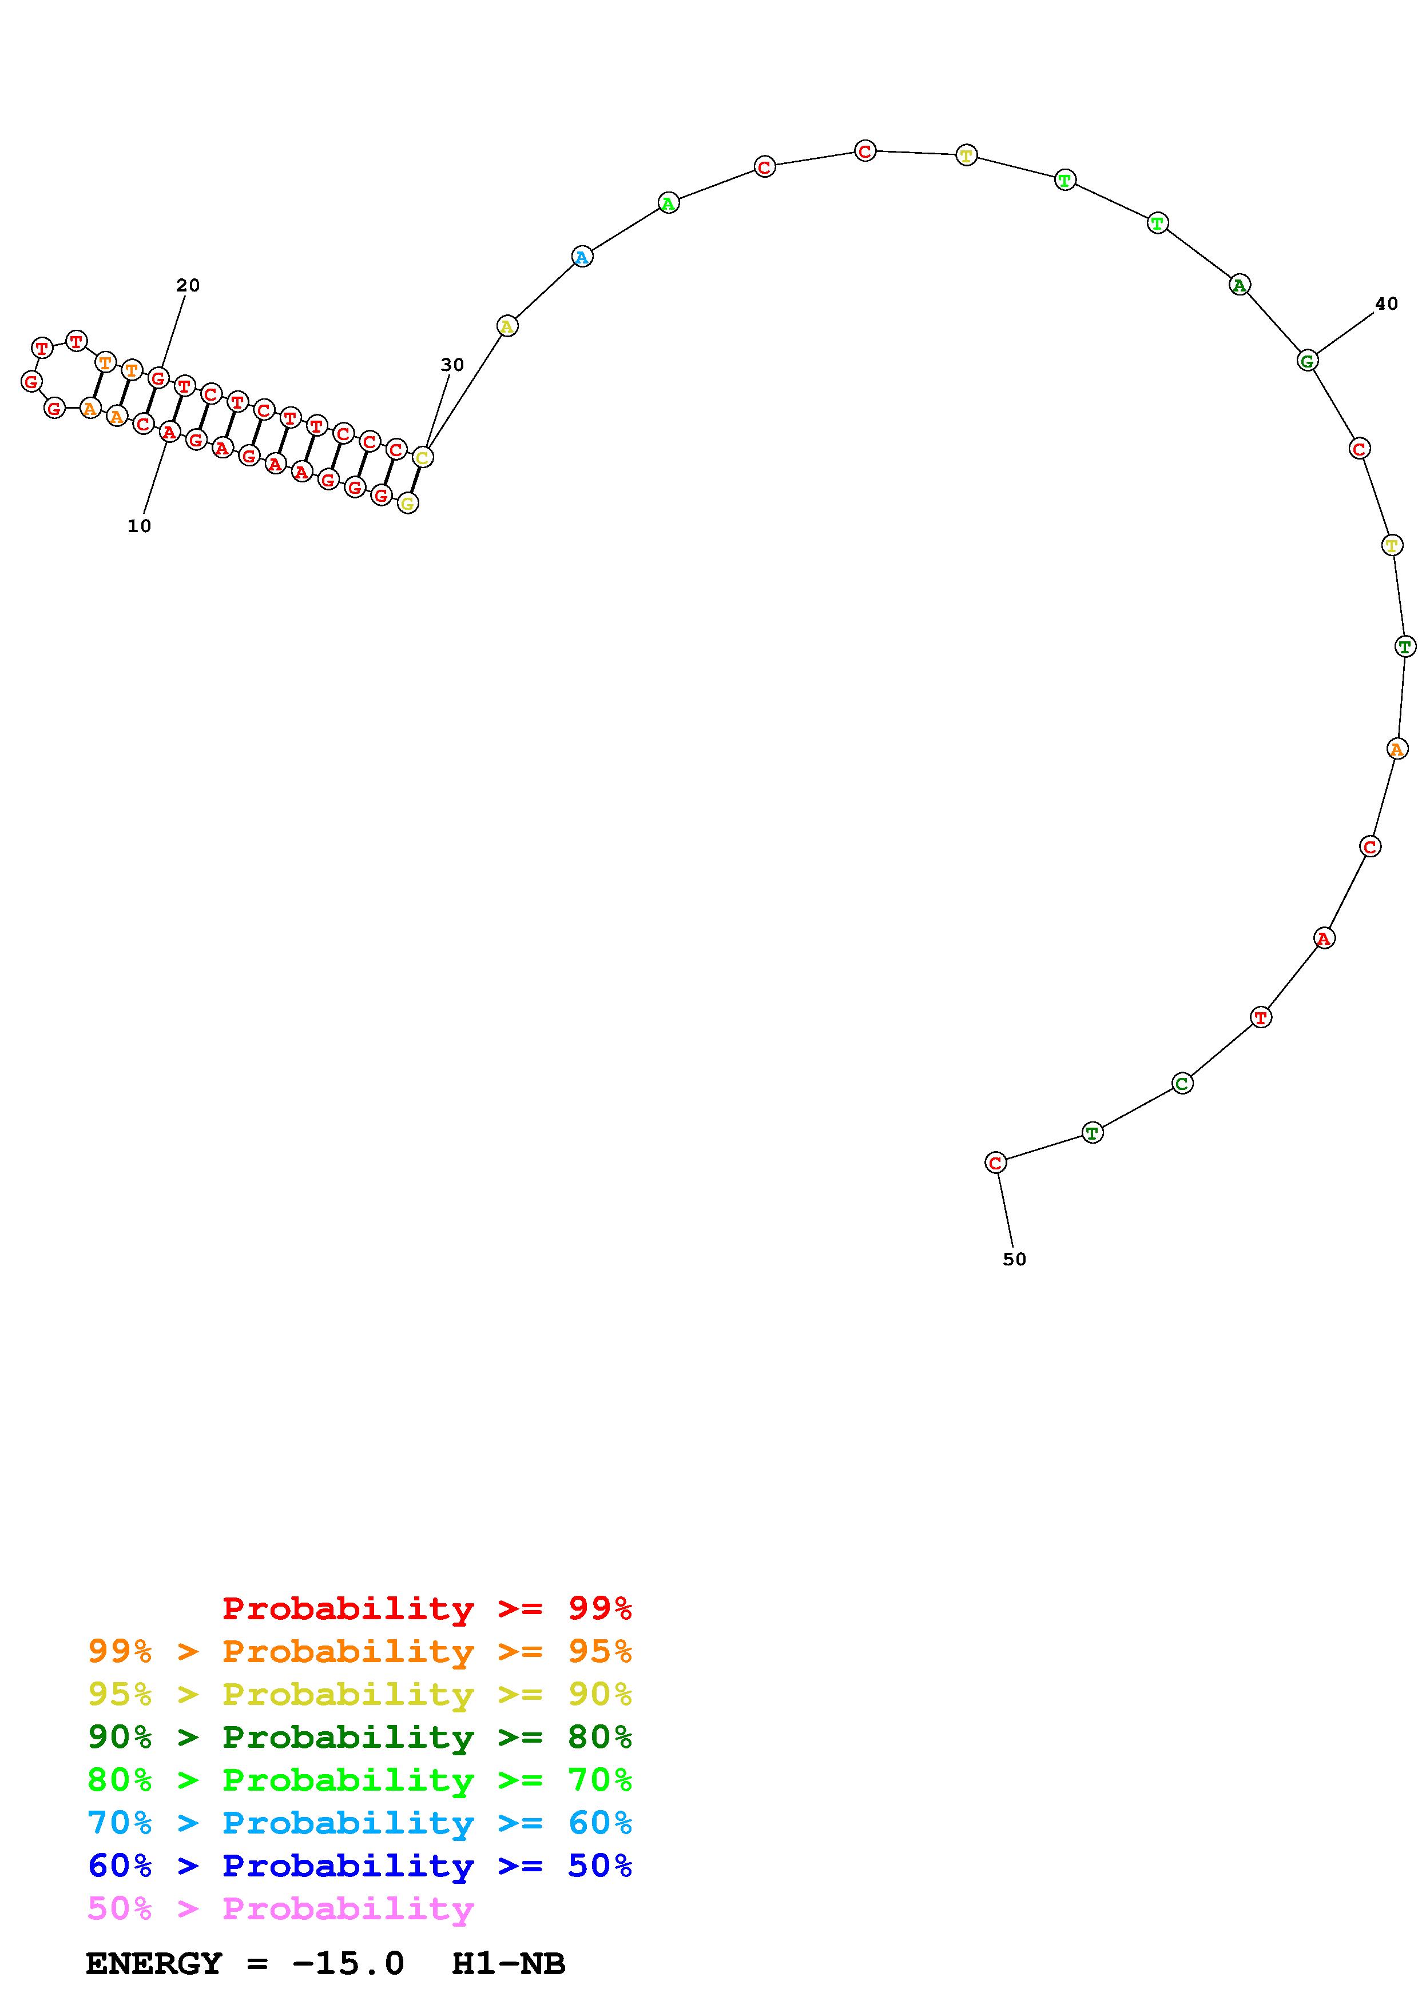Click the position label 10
tap(139, 526)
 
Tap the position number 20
tap(188, 286)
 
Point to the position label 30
tap(452, 365)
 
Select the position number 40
tap(1387, 304)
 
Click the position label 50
tap(1014, 1259)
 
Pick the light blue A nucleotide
tap(582, 257)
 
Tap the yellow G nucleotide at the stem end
tap(407, 503)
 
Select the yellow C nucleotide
tap(422, 457)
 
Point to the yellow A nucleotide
tap(507, 326)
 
